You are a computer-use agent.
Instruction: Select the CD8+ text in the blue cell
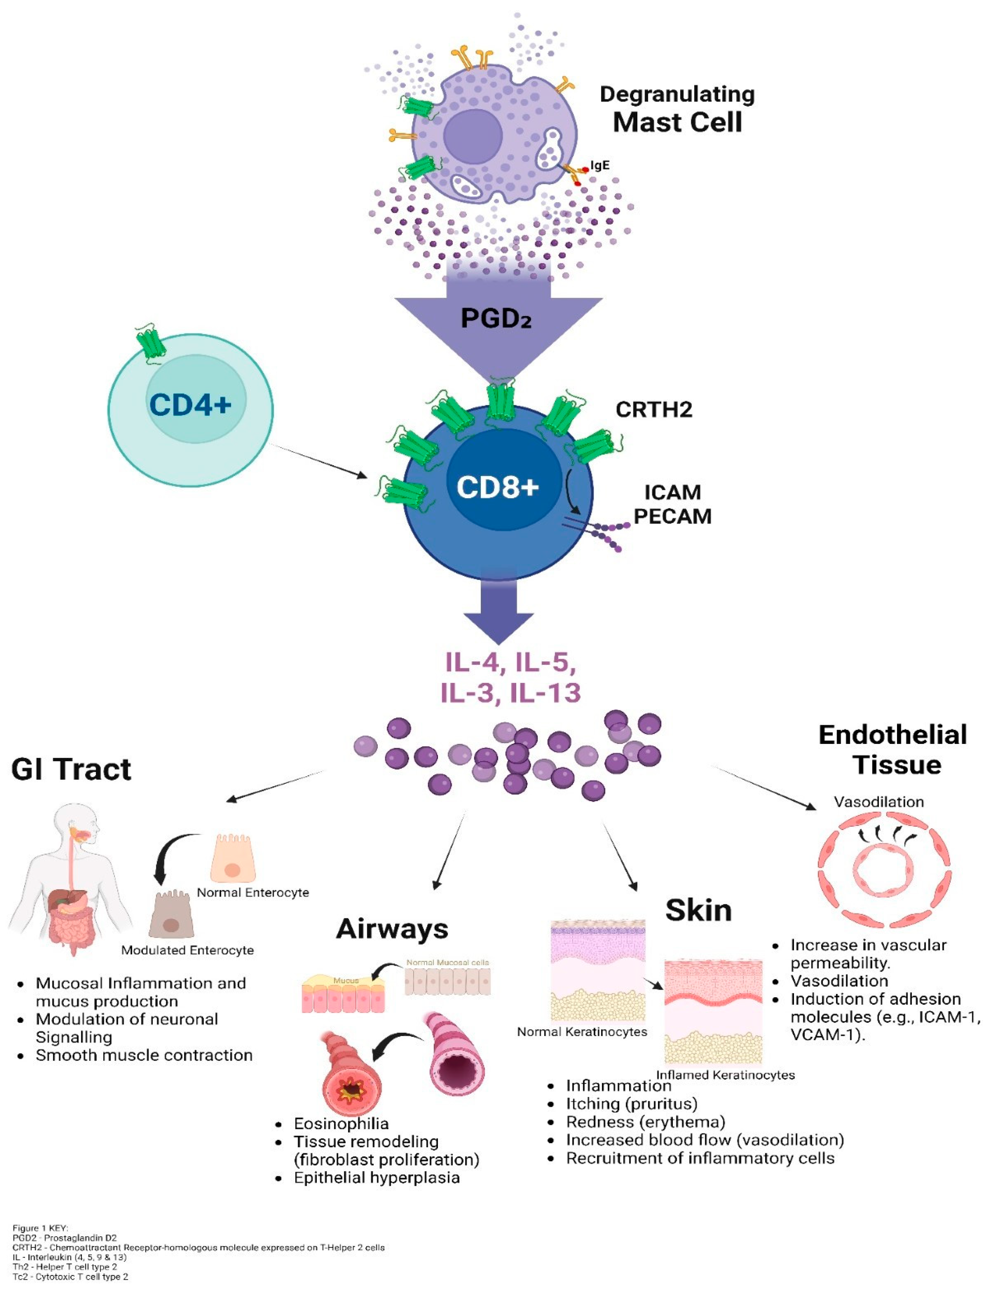497,487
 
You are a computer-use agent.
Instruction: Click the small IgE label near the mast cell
600,165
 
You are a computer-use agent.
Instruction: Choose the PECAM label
672,516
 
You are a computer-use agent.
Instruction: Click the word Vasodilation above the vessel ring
879,802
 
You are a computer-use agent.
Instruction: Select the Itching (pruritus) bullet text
632,1104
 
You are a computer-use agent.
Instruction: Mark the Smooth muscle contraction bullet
144,1055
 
